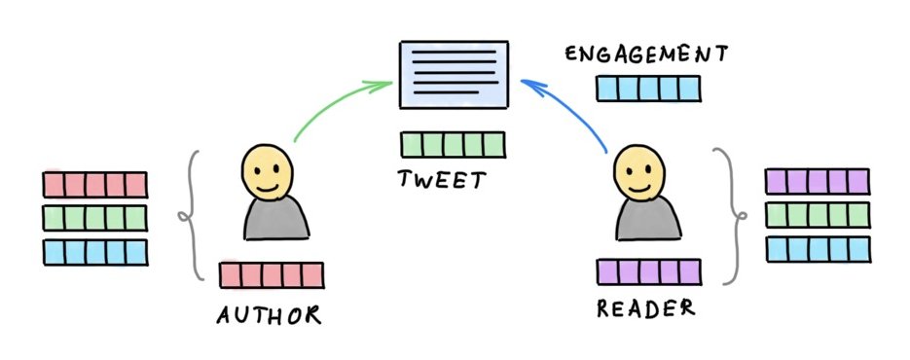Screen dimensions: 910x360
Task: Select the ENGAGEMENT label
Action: (646, 54)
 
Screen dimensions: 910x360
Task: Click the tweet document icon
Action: (455, 75)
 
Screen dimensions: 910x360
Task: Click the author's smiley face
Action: (267, 169)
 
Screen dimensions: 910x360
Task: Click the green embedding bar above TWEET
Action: (453, 145)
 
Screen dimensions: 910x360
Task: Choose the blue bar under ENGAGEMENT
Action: (646, 89)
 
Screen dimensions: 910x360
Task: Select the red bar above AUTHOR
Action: (272, 275)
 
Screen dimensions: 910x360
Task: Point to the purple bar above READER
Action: (648, 271)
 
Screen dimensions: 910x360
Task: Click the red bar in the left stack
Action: (94, 185)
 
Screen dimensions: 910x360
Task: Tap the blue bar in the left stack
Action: (94, 251)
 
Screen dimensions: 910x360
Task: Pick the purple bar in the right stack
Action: (817, 182)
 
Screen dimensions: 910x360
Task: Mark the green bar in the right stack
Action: (817, 215)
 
